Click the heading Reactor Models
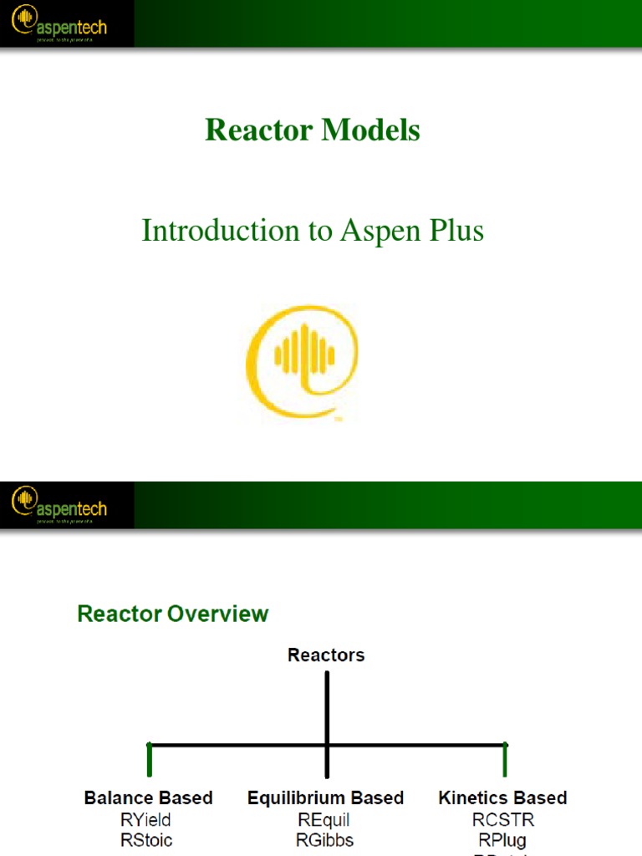click(313, 130)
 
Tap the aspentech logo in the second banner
click(59, 505)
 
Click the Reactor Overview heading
click(173, 614)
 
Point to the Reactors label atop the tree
click(326, 655)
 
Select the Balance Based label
click(149, 797)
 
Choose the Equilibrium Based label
click(326, 797)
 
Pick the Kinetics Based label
click(502, 797)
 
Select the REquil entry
click(324, 819)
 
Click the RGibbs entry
click(324, 839)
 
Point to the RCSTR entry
click(502, 819)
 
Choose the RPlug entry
click(502, 839)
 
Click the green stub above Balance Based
click(150, 761)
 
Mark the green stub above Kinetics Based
click(505, 761)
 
